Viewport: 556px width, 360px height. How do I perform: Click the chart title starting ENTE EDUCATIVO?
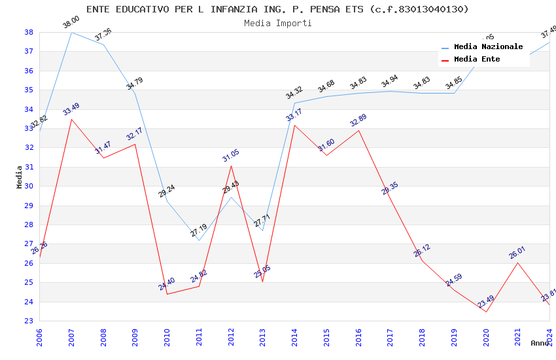[277, 9]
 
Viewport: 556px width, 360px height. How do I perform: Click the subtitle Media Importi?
[277, 23]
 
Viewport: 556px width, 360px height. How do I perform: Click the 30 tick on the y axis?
[29, 187]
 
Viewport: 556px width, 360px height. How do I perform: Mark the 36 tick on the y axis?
[29, 71]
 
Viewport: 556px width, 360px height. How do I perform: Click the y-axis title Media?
[20, 177]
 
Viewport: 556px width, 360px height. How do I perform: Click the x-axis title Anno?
[540, 343]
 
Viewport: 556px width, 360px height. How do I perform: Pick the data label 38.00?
[71, 24]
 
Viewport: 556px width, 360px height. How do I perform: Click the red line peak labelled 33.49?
[71, 119]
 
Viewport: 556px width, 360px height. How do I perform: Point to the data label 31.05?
[231, 156]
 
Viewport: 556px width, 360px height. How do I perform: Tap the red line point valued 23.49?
[486, 312]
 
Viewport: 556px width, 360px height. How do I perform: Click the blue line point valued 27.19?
[199, 240]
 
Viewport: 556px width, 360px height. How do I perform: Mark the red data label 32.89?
[358, 122]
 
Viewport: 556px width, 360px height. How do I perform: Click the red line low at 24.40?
[167, 294]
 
